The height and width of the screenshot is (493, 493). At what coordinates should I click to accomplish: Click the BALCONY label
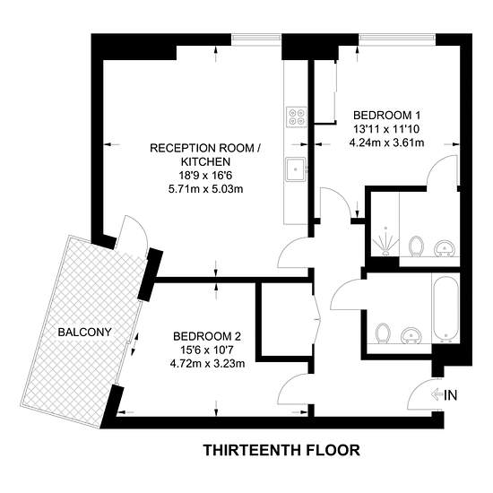point(84,332)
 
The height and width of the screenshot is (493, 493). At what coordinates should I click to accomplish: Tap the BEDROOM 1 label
point(386,116)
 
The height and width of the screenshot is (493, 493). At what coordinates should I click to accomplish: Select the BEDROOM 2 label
point(207,336)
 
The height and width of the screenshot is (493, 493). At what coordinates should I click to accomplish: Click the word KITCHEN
point(205,161)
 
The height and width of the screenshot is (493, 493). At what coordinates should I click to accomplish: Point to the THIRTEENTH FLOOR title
point(281,450)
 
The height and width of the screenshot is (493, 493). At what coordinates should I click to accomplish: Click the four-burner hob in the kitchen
point(296,117)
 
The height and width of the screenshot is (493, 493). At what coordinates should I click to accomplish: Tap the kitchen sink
point(296,169)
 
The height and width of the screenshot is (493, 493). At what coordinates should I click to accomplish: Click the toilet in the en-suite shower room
point(416,246)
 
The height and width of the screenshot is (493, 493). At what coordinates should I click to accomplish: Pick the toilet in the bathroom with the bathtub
point(383,333)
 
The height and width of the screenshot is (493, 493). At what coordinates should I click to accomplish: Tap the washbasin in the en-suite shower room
point(444,248)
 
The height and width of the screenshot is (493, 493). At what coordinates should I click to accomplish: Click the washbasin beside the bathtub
point(411,336)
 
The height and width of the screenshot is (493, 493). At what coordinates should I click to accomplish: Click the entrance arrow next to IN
point(437,394)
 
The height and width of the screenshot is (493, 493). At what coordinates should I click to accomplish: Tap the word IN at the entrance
point(450,395)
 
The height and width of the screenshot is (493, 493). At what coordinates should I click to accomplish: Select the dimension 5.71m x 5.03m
point(205,189)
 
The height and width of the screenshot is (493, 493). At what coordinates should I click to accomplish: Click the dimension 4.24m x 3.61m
point(386,143)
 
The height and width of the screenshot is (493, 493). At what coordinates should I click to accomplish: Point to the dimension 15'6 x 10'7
point(206,350)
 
